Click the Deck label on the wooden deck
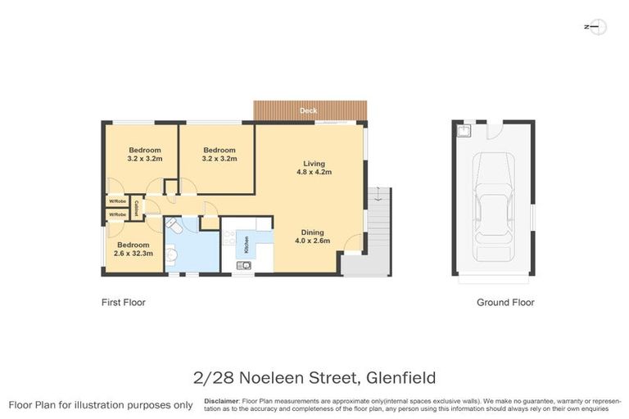point(309,110)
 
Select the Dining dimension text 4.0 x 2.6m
point(312,241)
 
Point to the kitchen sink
point(243,265)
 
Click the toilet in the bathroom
point(171,224)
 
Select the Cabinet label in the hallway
point(136,206)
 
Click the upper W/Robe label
point(117,201)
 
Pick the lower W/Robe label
point(117,214)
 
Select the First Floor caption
point(124,303)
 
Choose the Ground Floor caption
point(505,303)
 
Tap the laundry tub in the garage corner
point(464,129)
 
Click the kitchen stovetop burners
point(229,240)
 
